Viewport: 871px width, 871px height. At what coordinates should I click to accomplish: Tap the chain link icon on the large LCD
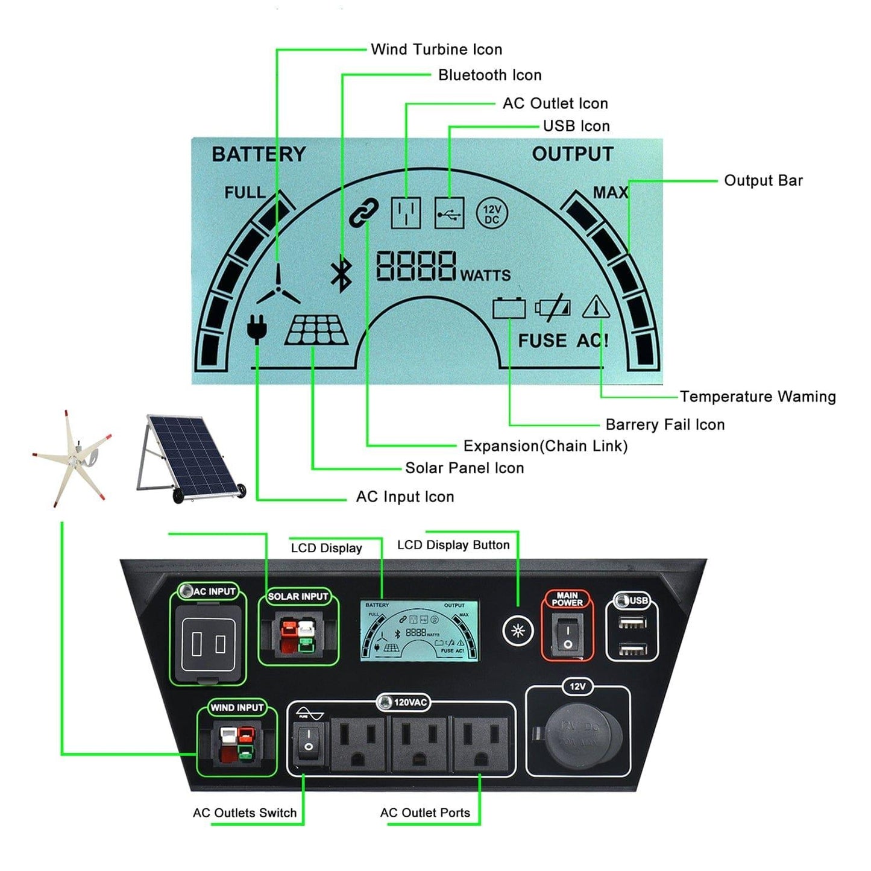364,212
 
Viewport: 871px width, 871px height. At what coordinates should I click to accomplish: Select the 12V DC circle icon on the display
492,214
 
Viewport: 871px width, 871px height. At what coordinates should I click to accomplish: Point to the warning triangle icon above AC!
596,307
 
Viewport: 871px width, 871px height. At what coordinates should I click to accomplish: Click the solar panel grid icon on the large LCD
316,330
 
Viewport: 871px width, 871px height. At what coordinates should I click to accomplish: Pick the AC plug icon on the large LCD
257,329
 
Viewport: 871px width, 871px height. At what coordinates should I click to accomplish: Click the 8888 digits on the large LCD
416,266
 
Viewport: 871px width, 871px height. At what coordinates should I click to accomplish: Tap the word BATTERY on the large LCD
259,154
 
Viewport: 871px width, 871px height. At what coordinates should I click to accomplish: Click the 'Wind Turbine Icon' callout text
436,49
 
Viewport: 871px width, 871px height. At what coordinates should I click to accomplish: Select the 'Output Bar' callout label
763,180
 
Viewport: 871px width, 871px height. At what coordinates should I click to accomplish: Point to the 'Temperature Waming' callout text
758,397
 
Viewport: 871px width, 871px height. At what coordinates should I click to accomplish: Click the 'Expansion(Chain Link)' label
545,446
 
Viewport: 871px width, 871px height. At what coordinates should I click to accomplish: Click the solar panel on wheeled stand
190,458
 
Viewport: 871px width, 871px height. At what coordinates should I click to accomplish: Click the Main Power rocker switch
567,638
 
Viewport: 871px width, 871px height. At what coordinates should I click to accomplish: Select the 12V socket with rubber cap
577,734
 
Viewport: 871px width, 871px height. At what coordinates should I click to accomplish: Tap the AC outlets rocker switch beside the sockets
308,741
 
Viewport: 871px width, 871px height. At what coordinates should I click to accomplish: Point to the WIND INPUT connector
237,745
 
